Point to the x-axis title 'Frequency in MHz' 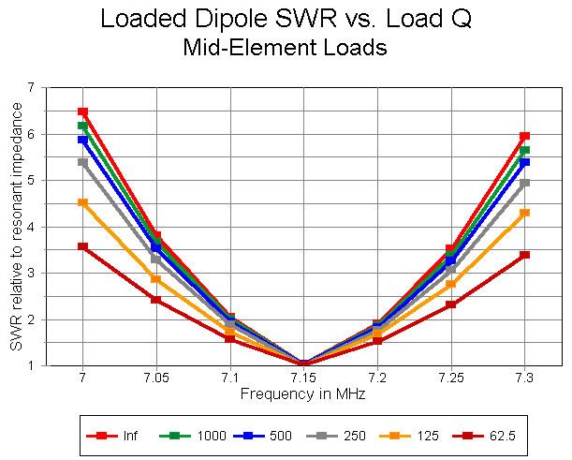pyautogui.click(x=302, y=394)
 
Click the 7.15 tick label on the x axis pyautogui.click(x=302, y=378)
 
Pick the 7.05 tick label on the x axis pyautogui.click(x=155, y=378)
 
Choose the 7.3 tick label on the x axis pyautogui.click(x=524, y=378)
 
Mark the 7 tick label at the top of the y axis pyautogui.click(x=30, y=87)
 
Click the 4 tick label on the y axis pyautogui.click(x=30, y=227)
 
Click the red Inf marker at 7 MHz pyautogui.click(x=82, y=112)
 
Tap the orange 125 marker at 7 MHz pyautogui.click(x=82, y=202)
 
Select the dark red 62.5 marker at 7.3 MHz pyautogui.click(x=524, y=255)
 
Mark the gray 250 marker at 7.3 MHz pyautogui.click(x=524, y=183)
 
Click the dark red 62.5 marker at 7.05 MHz pyautogui.click(x=155, y=300)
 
